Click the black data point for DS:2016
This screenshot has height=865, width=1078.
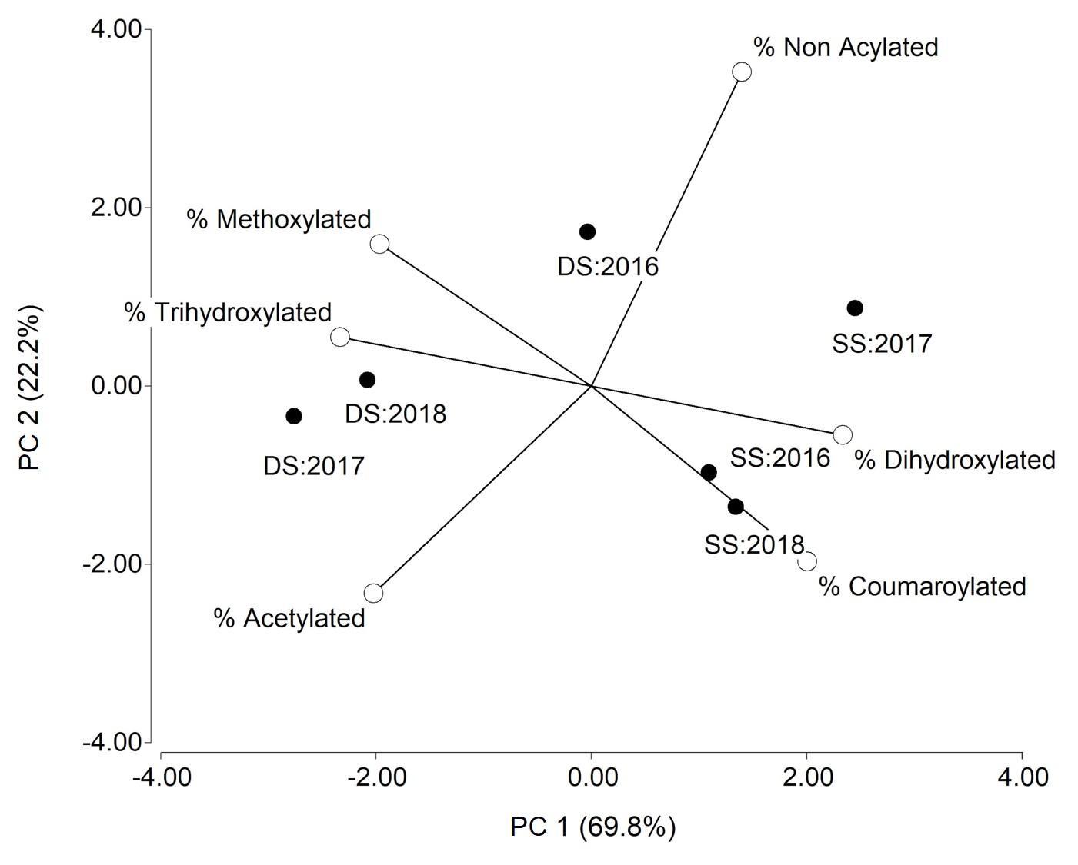coord(587,231)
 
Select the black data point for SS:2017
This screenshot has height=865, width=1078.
coord(855,308)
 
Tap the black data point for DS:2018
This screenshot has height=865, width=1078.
coord(367,380)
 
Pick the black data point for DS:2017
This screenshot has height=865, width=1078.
coord(293,416)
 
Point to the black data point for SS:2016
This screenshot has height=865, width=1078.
coord(709,472)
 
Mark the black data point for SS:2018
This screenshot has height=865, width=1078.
coord(736,507)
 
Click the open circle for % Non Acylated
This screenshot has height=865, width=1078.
coord(742,72)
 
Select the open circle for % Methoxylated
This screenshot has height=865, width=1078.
coord(379,244)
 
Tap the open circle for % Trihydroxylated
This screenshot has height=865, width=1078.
coord(340,337)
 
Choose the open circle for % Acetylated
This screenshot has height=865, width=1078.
coord(373,593)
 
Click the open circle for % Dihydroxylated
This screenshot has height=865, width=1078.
coord(843,434)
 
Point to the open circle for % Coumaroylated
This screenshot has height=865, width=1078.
coord(807,561)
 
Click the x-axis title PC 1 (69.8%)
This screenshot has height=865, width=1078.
coord(592,827)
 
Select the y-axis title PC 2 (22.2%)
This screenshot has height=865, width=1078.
coord(30,388)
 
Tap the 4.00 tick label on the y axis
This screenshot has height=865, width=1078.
coord(116,29)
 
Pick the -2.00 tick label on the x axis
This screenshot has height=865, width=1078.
coord(376,777)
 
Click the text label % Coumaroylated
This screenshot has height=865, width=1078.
coord(922,587)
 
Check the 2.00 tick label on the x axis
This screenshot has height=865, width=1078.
coord(806,777)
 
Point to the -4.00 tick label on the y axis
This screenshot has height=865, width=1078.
coord(112,742)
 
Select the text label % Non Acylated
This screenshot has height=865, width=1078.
coord(846,47)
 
